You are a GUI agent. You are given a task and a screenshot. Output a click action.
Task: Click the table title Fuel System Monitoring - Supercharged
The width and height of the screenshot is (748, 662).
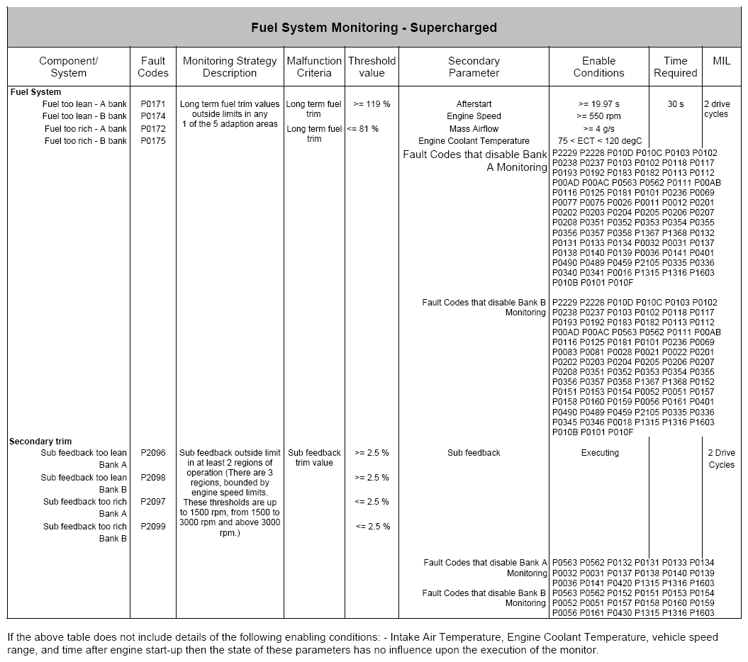[x=374, y=28]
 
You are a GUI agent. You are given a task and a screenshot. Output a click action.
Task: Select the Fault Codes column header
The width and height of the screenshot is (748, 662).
[x=153, y=67]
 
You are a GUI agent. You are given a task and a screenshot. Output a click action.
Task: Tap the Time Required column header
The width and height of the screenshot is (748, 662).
[x=675, y=67]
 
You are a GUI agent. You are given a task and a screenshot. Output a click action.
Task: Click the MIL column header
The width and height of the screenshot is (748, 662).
[x=721, y=61]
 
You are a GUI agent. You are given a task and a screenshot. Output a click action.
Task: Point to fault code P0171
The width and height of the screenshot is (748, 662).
[x=153, y=104]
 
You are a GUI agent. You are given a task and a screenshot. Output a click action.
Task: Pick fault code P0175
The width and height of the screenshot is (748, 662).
[x=153, y=141]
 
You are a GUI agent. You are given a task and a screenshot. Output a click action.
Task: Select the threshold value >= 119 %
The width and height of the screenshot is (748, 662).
[x=372, y=104]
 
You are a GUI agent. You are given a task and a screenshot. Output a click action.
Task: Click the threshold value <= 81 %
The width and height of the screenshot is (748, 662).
[x=363, y=129]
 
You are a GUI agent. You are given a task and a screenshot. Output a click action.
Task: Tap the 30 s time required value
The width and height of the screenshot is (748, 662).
[x=676, y=104]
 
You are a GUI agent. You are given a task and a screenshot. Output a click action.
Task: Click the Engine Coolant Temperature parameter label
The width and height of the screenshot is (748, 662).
[x=474, y=141]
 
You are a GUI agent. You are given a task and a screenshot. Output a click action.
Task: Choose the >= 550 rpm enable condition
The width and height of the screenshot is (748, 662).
[x=599, y=116]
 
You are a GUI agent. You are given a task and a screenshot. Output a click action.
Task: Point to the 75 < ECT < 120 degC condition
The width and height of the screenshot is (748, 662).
[x=599, y=141]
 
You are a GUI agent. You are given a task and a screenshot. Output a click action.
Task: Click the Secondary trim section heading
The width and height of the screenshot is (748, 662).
[x=40, y=442]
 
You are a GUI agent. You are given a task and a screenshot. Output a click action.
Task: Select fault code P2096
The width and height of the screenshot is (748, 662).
[x=153, y=453]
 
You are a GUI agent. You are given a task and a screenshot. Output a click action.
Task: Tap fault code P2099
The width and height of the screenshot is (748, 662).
[x=153, y=527]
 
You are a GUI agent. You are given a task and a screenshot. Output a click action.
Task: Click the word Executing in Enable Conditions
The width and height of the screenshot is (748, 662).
[x=600, y=453]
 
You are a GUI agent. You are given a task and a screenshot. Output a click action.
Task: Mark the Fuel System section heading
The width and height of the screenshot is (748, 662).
[x=35, y=92]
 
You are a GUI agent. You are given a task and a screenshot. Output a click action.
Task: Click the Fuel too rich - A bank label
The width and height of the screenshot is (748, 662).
[x=86, y=129]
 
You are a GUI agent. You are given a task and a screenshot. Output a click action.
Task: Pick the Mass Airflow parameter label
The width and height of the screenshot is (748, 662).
[x=474, y=129]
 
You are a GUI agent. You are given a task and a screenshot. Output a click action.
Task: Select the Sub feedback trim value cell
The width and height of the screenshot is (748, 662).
[x=314, y=458]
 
